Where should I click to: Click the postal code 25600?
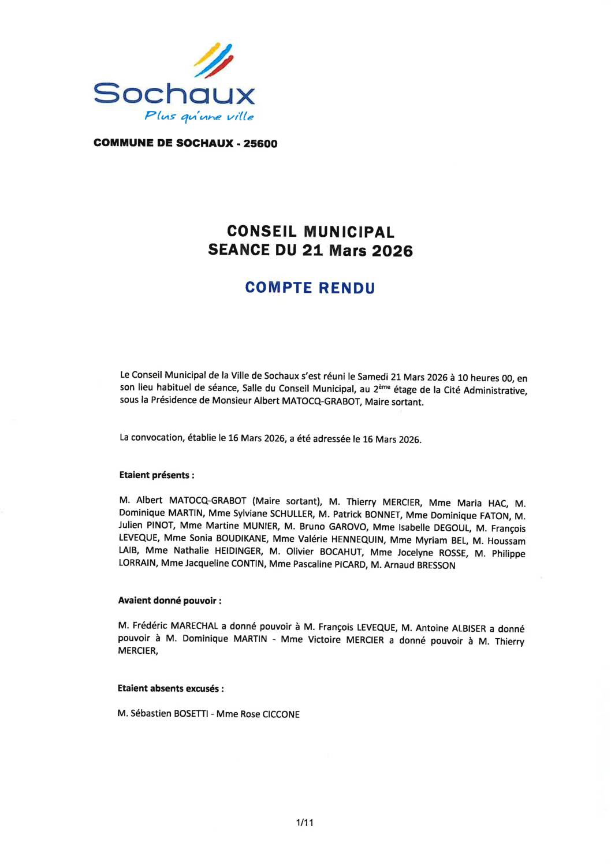click(260, 144)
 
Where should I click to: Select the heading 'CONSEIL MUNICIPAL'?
click(311, 232)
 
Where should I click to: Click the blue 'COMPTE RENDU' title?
click(310, 288)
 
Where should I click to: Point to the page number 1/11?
click(304, 822)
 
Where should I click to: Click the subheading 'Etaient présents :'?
click(157, 475)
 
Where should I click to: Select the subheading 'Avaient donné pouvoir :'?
click(170, 601)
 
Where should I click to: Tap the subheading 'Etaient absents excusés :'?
click(170, 688)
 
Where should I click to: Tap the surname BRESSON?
click(436, 565)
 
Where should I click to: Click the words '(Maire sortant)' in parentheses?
click(287, 501)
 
